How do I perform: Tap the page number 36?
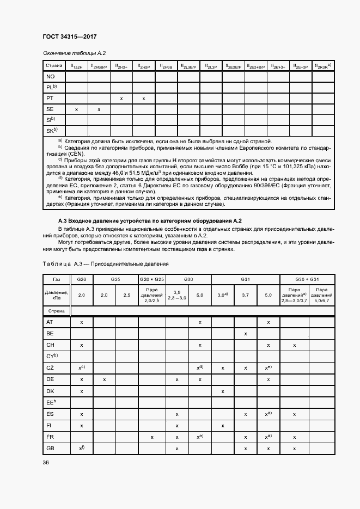[45, 462]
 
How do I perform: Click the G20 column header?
[82, 279]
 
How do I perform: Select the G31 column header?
[245, 279]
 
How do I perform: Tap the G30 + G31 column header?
[307, 279]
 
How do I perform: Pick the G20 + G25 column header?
[152, 279]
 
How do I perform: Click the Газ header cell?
[57, 279]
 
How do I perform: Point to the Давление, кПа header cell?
[57, 295]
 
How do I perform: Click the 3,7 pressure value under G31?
[246, 295]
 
